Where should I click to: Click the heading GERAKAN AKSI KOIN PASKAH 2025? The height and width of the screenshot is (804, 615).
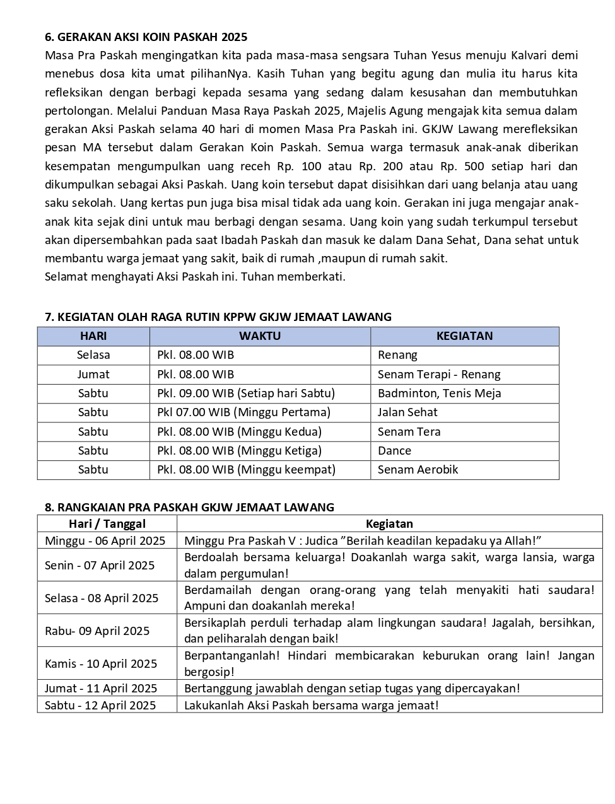(x=146, y=37)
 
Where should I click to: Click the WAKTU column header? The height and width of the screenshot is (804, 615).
(x=260, y=336)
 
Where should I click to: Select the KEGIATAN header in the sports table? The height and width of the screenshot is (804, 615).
(x=464, y=336)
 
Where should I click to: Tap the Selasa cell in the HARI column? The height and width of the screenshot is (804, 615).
(x=93, y=355)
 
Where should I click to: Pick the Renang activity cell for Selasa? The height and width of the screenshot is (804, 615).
(x=397, y=355)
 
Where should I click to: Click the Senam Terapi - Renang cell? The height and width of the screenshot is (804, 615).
(x=439, y=375)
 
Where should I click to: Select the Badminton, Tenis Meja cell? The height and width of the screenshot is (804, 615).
(x=439, y=393)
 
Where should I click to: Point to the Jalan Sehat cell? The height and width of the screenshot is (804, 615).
(x=407, y=412)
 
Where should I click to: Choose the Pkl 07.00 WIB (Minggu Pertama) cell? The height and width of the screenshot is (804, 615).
(x=243, y=412)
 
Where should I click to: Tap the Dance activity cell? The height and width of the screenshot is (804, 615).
(x=394, y=451)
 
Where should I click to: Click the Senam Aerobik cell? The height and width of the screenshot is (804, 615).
(x=418, y=470)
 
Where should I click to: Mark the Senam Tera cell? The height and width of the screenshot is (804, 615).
(x=409, y=432)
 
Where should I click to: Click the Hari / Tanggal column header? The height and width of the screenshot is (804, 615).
(x=107, y=523)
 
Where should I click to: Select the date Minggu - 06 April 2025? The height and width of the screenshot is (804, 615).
(x=105, y=540)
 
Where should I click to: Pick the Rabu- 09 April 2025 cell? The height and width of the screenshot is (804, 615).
(x=97, y=631)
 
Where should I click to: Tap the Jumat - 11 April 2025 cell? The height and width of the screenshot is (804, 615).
(x=101, y=688)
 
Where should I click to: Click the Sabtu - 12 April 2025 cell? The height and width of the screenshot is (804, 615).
(x=100, y=705)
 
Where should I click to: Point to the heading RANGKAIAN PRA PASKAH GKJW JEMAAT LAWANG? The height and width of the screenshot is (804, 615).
(x=189, y=507)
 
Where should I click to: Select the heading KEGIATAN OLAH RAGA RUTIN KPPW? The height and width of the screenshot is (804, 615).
(x=218, y=317)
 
